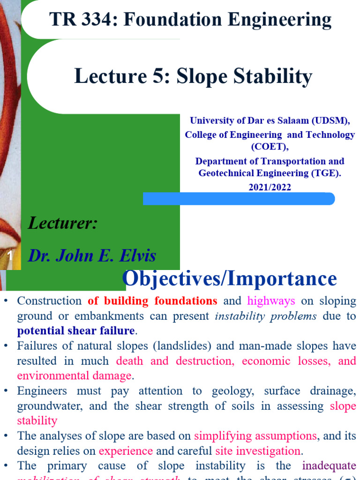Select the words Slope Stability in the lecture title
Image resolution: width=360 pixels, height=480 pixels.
244,77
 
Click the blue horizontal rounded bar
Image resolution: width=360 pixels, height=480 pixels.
239,199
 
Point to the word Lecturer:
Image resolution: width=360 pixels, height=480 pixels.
63,223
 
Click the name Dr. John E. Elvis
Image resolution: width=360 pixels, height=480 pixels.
92,256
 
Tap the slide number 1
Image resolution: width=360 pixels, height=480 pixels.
10,256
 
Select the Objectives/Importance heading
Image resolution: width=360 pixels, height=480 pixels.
229,279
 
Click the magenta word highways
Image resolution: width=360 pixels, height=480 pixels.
271,301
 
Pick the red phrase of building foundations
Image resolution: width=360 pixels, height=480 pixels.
152,301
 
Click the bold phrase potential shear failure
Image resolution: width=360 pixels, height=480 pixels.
76,331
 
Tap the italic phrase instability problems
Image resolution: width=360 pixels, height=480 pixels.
265,316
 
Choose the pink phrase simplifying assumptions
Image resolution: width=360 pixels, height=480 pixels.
255,436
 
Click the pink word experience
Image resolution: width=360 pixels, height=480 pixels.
126,451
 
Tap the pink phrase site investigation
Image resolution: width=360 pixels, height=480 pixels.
258,451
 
